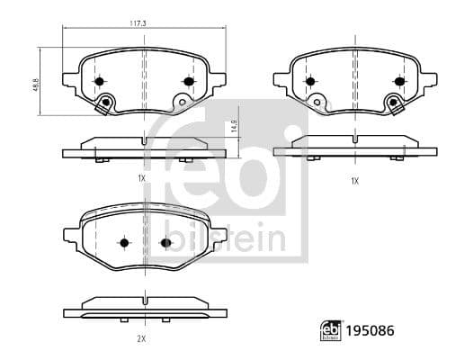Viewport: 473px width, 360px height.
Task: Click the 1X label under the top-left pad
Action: tap(142, 180)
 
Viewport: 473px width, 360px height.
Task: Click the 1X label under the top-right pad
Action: tap(354, 180)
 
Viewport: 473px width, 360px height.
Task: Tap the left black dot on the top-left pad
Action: tap(100, 81)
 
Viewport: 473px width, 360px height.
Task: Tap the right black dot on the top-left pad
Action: tap(188, 81)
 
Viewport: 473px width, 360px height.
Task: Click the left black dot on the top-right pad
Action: tap(310, 81)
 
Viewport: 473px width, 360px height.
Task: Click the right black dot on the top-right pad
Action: tap(397, 81)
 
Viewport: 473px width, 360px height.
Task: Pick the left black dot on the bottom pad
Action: tap(123, 242)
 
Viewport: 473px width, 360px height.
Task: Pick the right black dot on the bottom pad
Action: tap(165, 242)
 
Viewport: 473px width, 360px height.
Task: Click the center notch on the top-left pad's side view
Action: tap(144, 140)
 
